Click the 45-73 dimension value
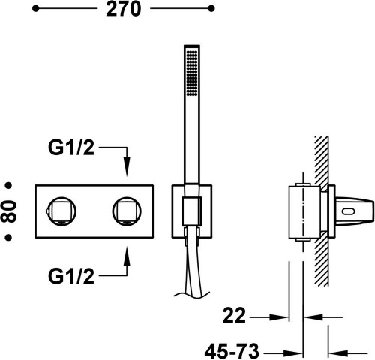tap(233, 349)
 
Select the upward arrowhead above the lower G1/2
tap(126, 247)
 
